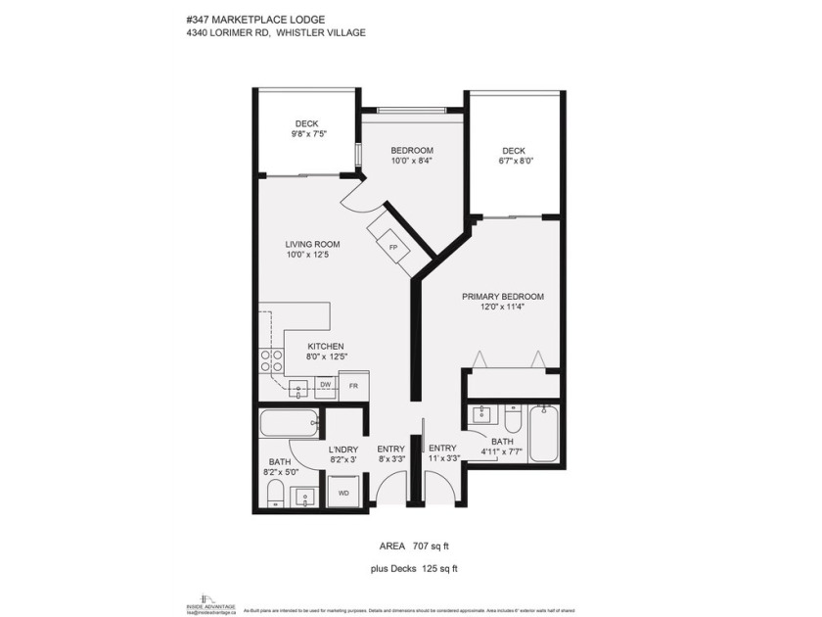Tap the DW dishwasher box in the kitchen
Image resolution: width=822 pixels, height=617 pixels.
[324, 385]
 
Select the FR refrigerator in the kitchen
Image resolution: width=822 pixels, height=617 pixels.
[354, 386]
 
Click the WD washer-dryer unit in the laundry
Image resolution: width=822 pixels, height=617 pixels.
[343, 493]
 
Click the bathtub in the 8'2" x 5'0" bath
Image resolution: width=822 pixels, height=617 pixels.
[290, 424]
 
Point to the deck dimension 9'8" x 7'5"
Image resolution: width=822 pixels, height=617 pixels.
[307, 133]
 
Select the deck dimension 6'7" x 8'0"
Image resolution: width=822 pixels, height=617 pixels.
[516, 161]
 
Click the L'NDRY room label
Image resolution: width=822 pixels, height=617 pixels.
[342, 449]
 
